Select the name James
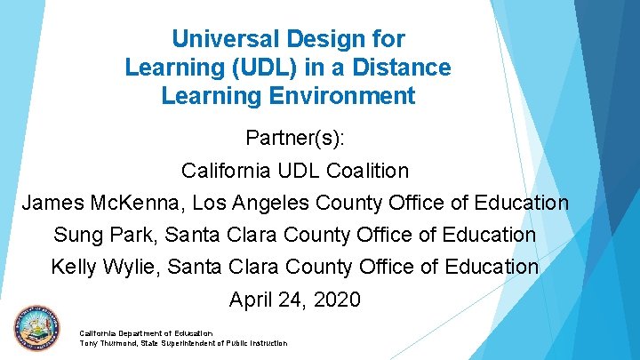[x=53, y=204]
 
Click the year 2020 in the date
[x=337, y=300]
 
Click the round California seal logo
[x=37, y=331]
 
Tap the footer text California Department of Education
[x=146, y=333]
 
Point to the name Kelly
[x=76, y=267]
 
